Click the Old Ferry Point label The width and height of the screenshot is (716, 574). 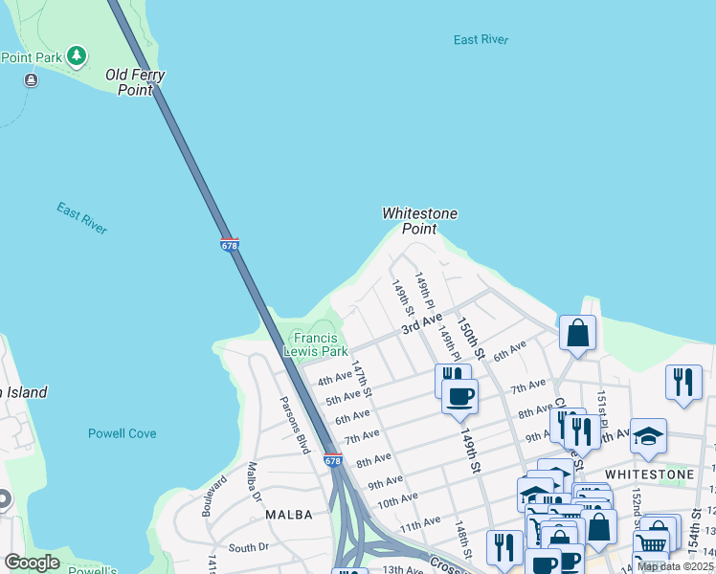click(x=135, y=82)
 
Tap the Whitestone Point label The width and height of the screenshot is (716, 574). click(x=419, y=221)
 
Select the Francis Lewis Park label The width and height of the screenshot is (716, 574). click(x=321, y=344)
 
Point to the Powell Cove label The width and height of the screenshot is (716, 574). click(x=122, y=433)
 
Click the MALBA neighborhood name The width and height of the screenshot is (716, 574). click(x=288, y=515)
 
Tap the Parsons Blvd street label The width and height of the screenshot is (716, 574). click(x=295, y=425)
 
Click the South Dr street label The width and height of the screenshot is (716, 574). click(x=249, y=548)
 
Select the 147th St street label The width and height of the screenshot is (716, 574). click(x=361, y=381)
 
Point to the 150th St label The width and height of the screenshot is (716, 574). click(x=471, y=339)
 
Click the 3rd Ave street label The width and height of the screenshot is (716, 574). click(x=421, y=323)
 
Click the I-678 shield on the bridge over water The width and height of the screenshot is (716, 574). click(x=230, y=245)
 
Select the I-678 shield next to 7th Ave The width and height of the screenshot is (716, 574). click(x=332, y=460)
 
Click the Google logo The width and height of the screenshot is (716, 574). click(x=32, y=563)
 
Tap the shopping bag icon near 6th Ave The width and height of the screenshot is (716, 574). click(x=578, y=333)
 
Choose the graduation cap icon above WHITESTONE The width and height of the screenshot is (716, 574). click(x=648, y=435)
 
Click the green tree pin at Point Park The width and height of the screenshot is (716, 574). click(x=76, y=56)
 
